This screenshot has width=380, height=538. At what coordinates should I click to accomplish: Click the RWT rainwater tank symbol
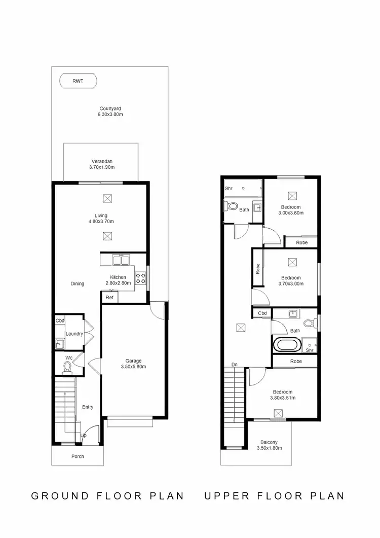79,81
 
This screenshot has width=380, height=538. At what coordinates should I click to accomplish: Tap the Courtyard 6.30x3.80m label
110,112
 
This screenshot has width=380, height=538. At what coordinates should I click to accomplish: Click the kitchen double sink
121,261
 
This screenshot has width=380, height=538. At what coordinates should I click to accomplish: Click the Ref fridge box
109,298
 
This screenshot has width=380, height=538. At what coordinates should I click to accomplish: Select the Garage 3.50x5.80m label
133,363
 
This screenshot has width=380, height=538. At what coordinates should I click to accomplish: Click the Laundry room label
74,334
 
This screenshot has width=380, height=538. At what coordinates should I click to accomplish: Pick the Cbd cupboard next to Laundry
60,320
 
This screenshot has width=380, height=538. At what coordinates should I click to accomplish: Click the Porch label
78,456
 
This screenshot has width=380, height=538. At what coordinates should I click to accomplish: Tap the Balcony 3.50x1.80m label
269,445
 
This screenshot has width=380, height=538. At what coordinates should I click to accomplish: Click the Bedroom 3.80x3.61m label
282,395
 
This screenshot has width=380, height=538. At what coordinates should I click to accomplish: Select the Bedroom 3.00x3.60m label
291,210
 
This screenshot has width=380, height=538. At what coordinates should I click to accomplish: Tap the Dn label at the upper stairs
235,364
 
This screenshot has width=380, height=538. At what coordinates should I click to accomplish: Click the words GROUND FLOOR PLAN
107,495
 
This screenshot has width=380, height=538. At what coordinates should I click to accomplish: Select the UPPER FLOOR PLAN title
274,495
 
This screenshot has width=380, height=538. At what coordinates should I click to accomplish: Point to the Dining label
78,283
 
